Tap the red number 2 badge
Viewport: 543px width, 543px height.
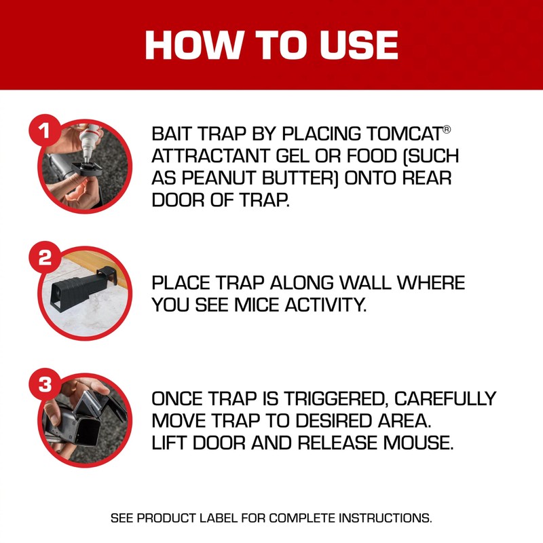(x=45, y=259)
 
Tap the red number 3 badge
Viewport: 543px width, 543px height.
(x=45, y=385)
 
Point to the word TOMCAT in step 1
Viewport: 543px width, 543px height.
(x=398, y=133)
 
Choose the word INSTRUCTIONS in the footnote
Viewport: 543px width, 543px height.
(x=383, y=518)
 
